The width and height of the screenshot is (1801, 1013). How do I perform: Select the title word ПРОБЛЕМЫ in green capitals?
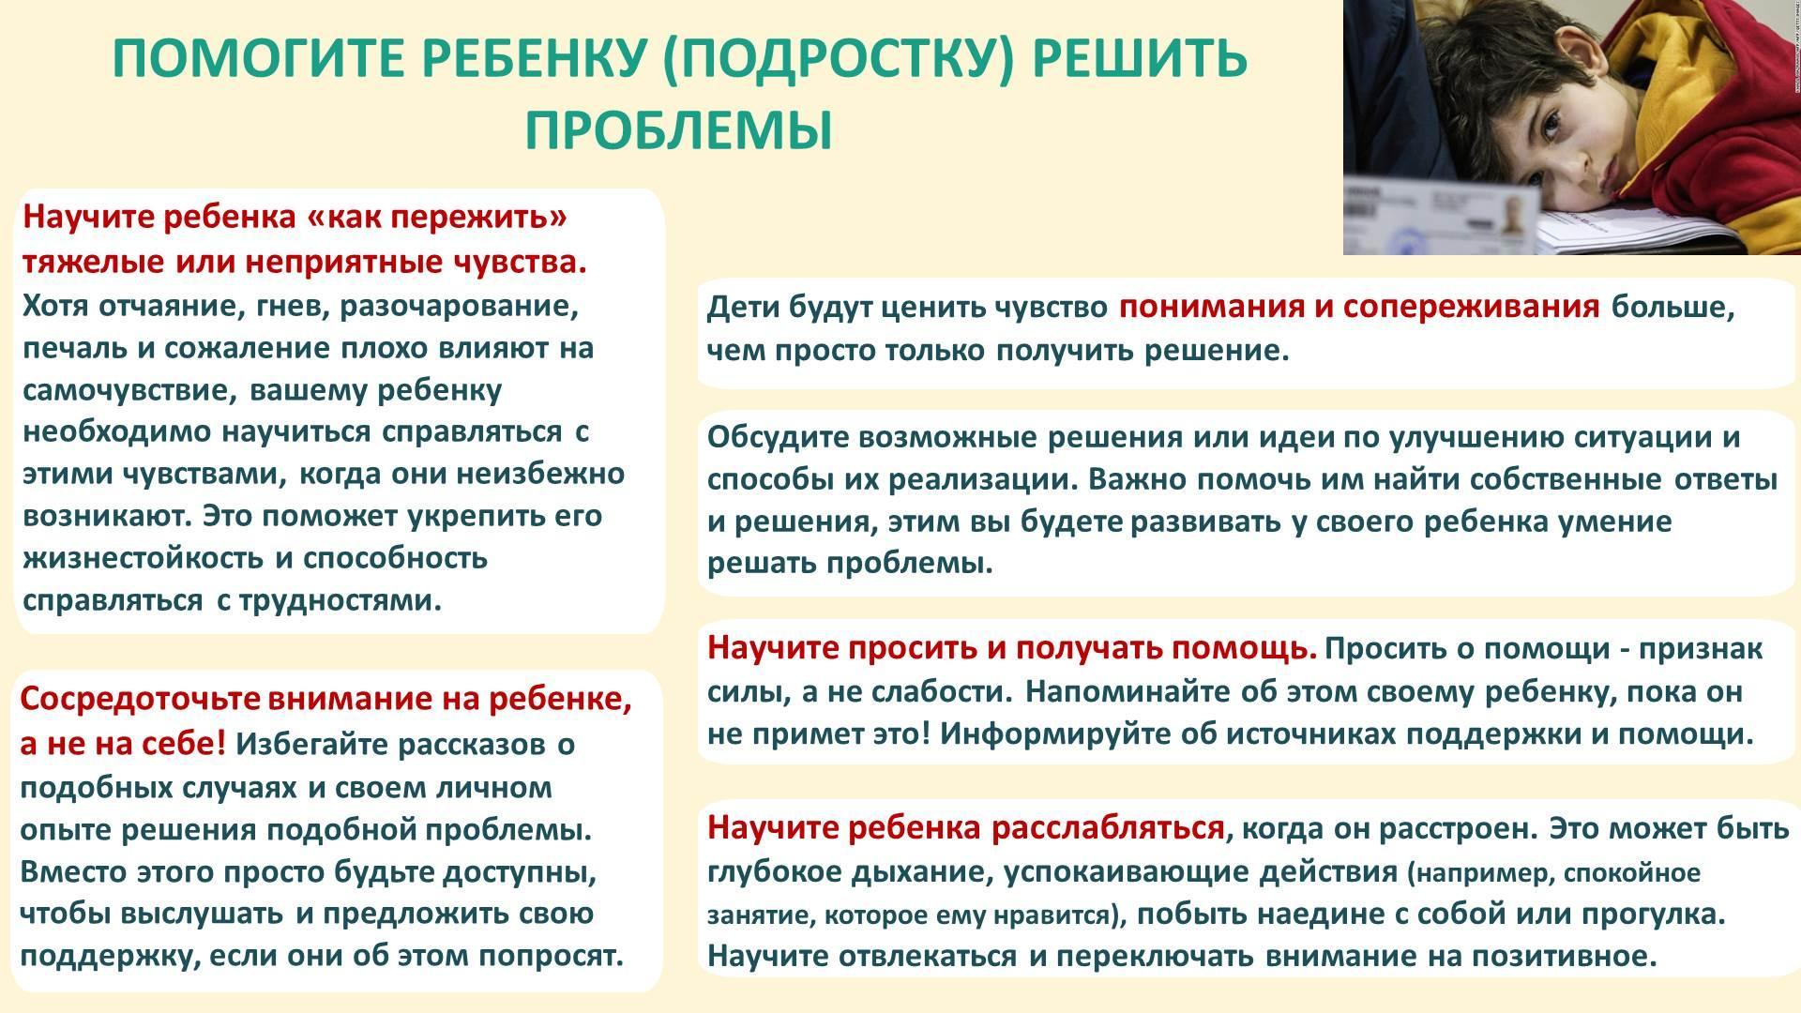click(x=678, y=129)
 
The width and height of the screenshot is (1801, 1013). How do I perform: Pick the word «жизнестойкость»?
click(x=143, y=558)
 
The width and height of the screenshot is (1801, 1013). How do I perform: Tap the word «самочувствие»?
click(x=129, y=390)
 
